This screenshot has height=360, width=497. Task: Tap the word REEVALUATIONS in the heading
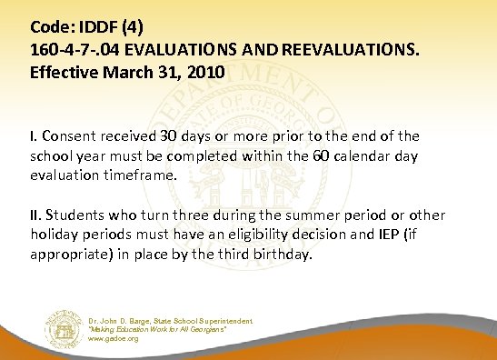(357, 50)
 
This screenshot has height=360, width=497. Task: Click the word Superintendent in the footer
(224, 320)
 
